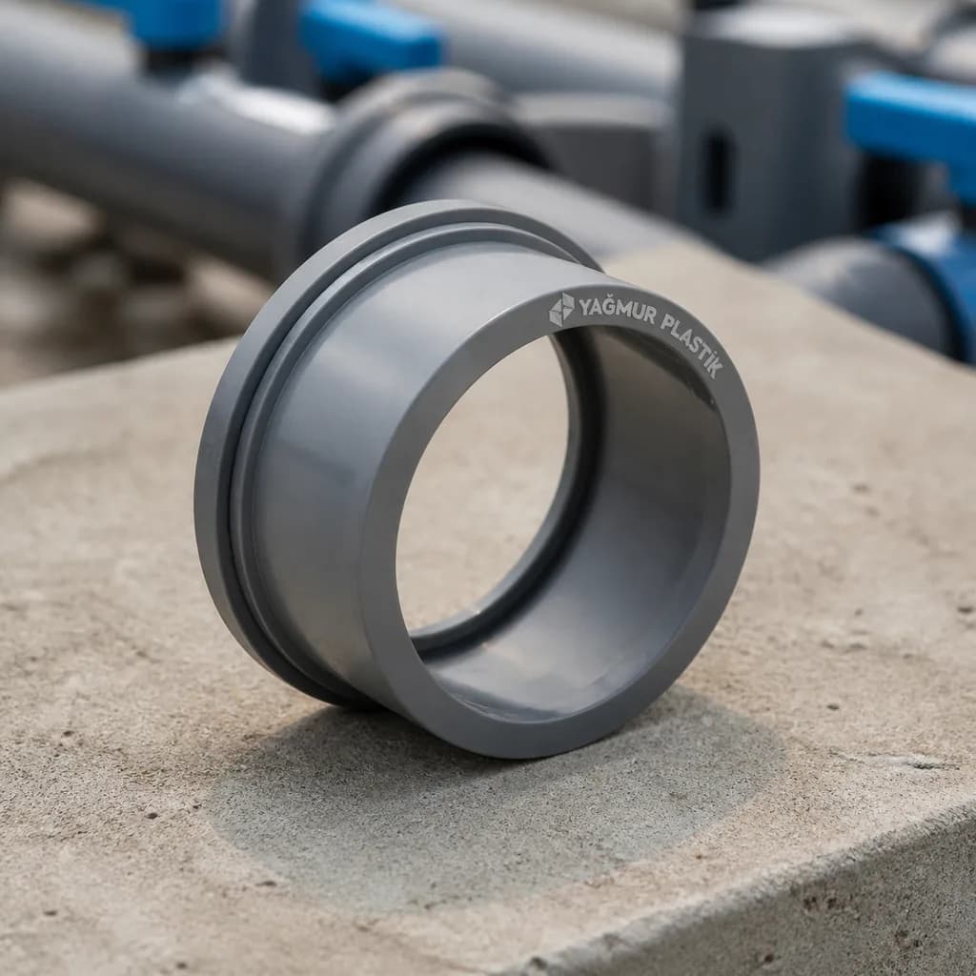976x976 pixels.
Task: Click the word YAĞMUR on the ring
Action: click(617, 311)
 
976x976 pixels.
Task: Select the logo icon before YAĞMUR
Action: click(560, 309)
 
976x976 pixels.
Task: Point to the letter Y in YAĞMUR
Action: click(586, 305)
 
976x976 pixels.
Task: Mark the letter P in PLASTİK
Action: click(666, 323)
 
